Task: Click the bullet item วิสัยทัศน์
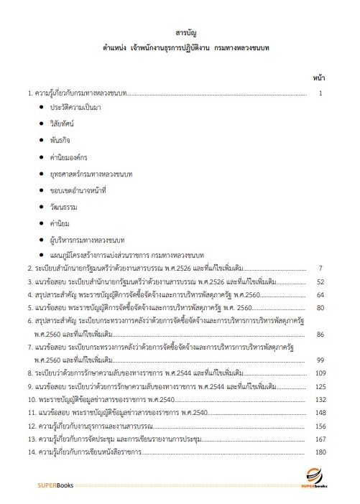tap(63, 123)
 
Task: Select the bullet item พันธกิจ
tap(60, 140)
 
